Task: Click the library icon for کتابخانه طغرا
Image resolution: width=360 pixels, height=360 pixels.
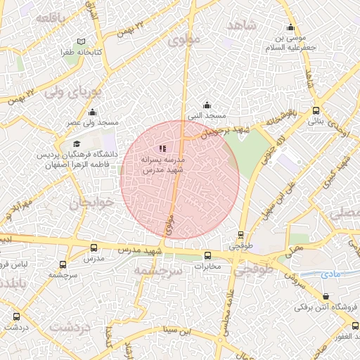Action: pyautogui.click(x=82, y=42)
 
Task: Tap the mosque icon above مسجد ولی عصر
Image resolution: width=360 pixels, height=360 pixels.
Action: pyautogui.click(x=93, y=112)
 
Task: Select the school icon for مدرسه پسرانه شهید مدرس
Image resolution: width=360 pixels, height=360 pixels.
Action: pyautogui.click(x=162, y=149)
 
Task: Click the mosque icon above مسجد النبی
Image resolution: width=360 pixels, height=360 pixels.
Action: pyautogui.click(x=206, y=105)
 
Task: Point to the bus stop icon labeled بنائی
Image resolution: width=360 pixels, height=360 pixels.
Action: pyautogui.click(x=316, y=110)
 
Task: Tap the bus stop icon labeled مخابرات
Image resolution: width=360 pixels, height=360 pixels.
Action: pyautogui.click(x=207, y=256)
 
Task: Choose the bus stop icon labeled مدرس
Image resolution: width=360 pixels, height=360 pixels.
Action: pyautogui.click(x=94, y=248)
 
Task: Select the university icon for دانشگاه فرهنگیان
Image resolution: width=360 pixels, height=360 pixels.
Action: pyautogui.click(x=77, y=143)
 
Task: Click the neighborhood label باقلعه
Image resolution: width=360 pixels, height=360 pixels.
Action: pyautogui.click(x=51, y=17)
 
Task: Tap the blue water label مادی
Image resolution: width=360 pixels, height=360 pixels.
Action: pyautogui.click(x=328, y=274)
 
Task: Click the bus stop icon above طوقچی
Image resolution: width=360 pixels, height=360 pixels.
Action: pyautogui.click(x=241, y=236)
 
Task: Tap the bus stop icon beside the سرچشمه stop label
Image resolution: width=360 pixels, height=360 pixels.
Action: pyautogui.click(x=63, y=265)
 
